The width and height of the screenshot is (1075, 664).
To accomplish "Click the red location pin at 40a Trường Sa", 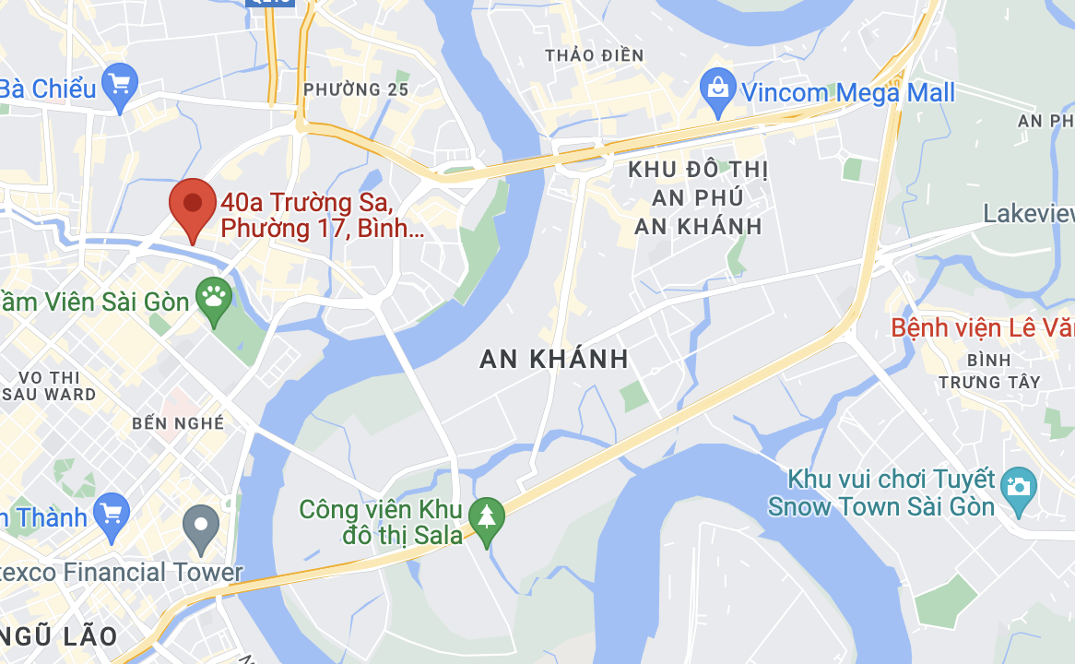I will coord(192,204).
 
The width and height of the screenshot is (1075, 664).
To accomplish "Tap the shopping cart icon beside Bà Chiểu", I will coord(120,84).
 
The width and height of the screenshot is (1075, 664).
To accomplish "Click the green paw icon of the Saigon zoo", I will coord(215,298).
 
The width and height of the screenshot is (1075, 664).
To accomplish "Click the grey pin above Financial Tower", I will coord(201,525).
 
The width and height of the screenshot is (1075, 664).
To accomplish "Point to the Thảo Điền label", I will coord(594,55).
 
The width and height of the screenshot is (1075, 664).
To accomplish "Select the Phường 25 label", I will coord(356,89).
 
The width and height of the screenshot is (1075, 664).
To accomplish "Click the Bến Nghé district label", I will coord(178,423).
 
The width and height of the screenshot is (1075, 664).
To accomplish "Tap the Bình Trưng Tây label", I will coord(989,371).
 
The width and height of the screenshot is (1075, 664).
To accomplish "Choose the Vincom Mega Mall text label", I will coord(848,92).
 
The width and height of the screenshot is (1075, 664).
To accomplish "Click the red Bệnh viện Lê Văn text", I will coord(982,327).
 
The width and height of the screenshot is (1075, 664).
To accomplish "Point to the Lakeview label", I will coord(1028,214).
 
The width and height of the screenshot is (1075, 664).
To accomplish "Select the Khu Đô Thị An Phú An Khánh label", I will coord(698,197).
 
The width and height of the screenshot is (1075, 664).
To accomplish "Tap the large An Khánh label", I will coord(554,359).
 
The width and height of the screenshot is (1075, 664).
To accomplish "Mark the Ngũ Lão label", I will coord(59,635).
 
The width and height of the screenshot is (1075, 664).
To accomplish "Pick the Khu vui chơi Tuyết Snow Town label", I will coord(881,493).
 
